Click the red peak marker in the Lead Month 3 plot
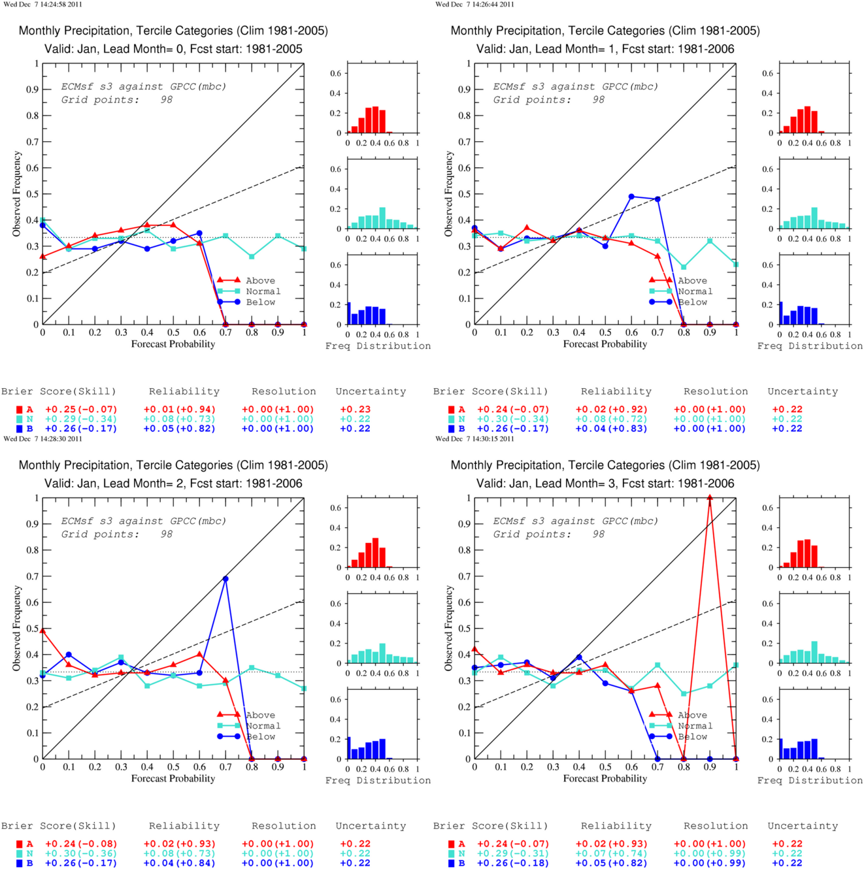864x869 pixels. coord(710,498)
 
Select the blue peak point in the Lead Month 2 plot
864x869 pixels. coord(225,579)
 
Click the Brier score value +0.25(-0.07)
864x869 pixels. coord(81,410)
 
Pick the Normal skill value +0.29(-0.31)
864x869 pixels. coord(512,853)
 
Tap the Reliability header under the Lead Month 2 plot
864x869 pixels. coord(184,826)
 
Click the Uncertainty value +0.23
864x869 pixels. coord(355,410)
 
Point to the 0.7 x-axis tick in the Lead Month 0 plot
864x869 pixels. coord(225,333)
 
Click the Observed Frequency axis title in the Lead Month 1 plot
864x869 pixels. coord(448,193)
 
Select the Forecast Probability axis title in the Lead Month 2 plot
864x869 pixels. coord(173,778)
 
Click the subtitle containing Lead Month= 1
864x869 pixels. coord(605,49)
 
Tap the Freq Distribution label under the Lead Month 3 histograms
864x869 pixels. coord(810,780)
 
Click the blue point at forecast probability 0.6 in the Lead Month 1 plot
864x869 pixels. coord(631,197)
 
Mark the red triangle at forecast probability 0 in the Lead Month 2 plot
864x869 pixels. coord(43,631)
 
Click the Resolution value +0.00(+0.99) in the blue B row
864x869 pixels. coord(710,862)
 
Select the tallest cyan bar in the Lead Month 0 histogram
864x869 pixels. coord(382,218)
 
